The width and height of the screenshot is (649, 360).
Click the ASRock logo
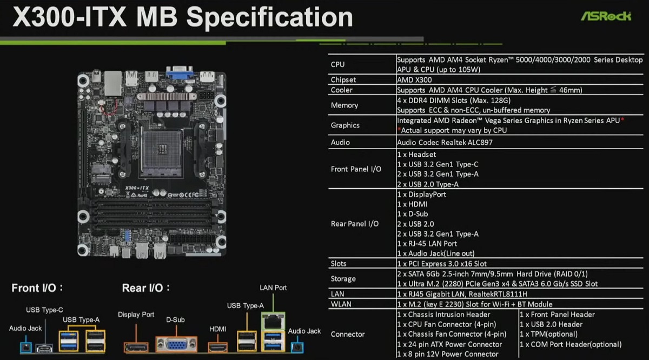click(606, 16)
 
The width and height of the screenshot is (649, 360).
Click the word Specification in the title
click(269, 17)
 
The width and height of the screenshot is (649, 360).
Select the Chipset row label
click(343, 79)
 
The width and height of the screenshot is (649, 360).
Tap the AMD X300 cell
click(414, 79)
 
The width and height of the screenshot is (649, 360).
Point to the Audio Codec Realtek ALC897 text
click(445, 142)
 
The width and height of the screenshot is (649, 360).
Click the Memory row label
click(345, 105)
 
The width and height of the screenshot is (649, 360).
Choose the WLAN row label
click(341, 304)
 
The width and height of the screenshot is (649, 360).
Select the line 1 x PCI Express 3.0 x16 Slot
click(442, 264)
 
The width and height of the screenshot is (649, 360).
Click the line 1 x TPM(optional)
click(548, 334)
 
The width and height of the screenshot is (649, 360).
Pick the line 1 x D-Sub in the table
click(413, 214)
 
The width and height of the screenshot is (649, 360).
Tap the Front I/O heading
click(37, 288)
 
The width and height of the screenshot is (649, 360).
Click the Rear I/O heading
click(145, 288)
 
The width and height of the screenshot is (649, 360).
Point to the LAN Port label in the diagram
click(273, 288)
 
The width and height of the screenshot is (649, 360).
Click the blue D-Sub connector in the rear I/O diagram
click(176, 345)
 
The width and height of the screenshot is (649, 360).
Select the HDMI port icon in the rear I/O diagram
click(217, 347)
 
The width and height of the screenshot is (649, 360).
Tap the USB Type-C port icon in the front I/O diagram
click(44, 348)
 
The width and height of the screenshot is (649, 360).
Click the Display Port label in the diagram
click(136, 315)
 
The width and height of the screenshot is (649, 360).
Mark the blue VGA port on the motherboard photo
click(180, 72)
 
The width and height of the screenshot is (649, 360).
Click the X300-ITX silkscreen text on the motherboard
click(137, 188)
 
